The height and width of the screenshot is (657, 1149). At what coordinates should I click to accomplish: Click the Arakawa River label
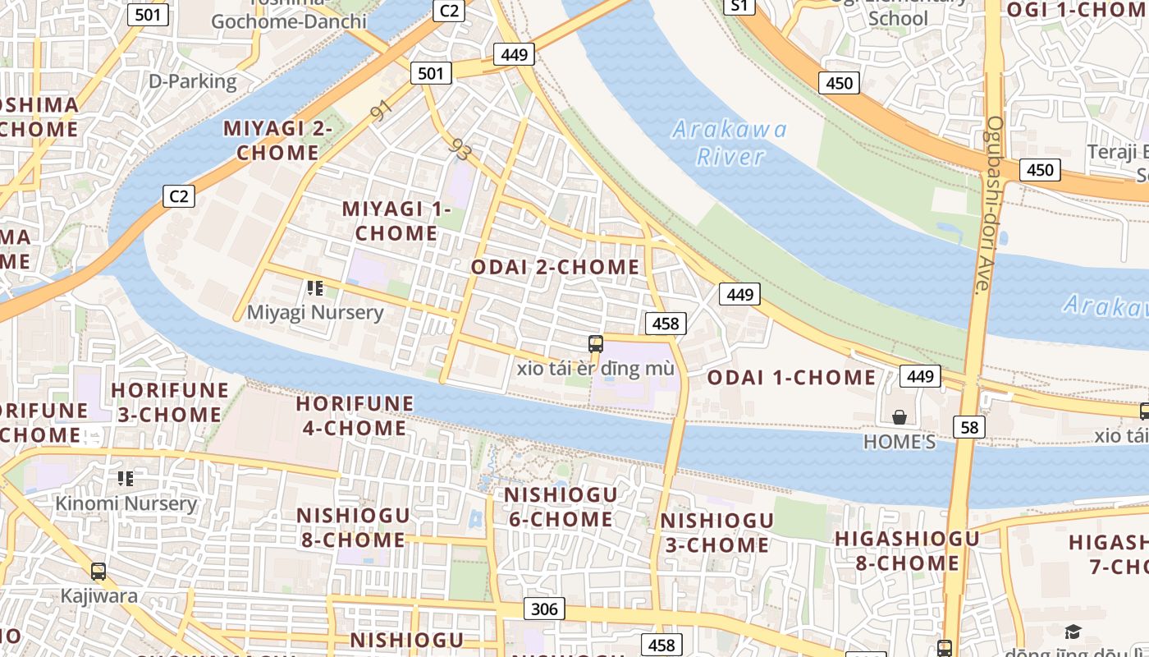(729, 143)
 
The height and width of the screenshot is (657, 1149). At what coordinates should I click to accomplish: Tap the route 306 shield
(543, 609)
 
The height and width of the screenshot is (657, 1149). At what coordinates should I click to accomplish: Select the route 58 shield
(969, 426)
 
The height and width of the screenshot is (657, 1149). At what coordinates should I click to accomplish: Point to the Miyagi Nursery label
(315, 313)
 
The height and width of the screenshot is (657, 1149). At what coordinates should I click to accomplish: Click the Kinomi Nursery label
(126, 503)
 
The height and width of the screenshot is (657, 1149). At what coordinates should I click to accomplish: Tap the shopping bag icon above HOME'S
(900, 417)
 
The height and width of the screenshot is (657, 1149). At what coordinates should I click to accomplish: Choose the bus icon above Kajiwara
(98, 572)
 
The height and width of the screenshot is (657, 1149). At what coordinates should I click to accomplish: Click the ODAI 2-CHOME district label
(555, 267)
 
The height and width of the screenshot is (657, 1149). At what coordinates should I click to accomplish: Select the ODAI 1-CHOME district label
(791, 378)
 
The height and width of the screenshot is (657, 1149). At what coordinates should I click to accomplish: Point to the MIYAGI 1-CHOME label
(396, 221)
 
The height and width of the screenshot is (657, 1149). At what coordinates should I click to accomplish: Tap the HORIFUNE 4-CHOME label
(355, 416)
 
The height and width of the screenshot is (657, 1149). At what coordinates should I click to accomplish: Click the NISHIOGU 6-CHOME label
(560, 507)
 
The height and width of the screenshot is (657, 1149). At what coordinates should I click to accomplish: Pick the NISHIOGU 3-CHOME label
(716, 533)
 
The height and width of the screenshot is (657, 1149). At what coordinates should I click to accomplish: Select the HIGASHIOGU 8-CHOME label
(907, 551)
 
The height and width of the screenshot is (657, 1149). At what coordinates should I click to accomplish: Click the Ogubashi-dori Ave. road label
(988, 205)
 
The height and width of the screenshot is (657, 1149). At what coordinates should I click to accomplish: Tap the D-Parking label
(192, 81)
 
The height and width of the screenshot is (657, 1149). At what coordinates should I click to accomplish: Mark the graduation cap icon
(1073, 632)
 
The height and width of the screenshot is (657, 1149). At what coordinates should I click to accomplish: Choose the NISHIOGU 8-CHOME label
(352, 527)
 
